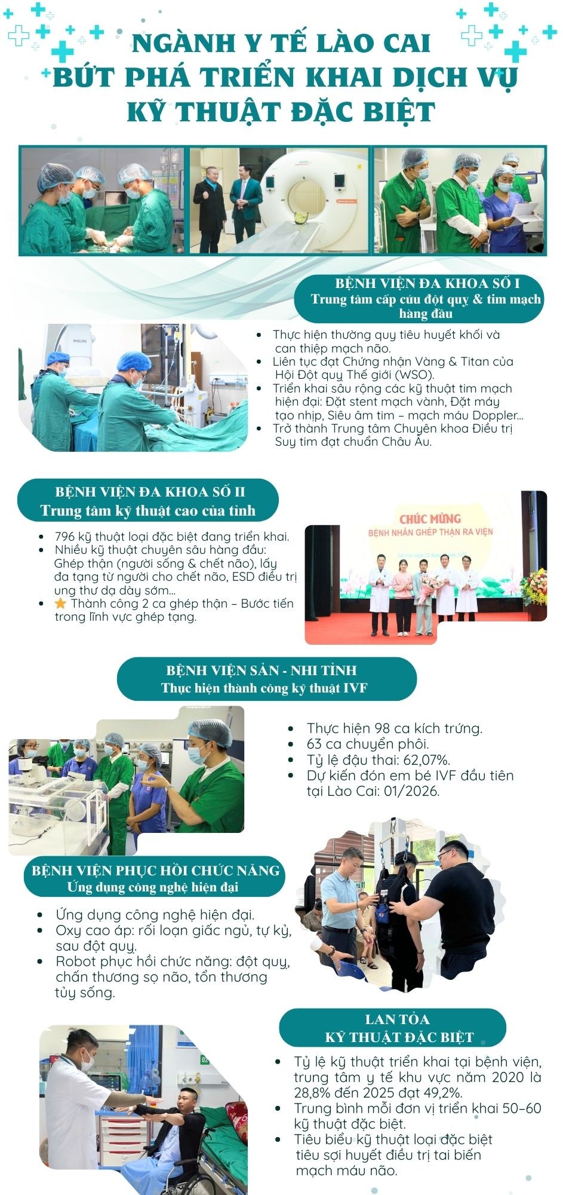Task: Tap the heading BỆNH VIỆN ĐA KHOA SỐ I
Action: point(427,284)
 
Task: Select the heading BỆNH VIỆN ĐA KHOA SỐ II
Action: point(150,492)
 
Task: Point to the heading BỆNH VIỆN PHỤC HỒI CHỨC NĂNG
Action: point(156,871)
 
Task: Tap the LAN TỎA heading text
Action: point(397,1019)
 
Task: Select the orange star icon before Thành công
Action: point(60,604)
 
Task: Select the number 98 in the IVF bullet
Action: point(382,729)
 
